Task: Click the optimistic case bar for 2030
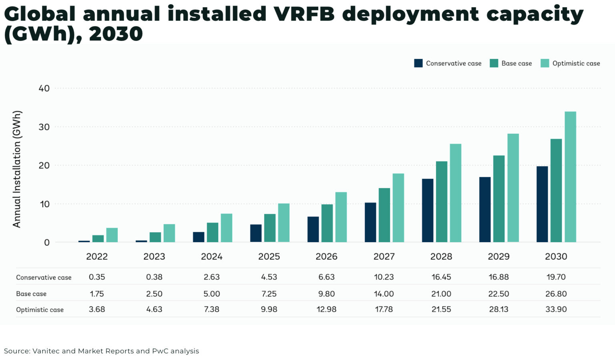[x=570, y=177]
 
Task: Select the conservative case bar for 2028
[x=428, y=210]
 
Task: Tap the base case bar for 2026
[x=327, y=223]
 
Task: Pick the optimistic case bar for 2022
[x=112, y=235]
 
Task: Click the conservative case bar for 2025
[x=256, y=233]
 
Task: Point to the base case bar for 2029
[x=499, y=199]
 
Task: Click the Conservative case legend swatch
[x=418, y=63]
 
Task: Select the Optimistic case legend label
[x=576, y=63]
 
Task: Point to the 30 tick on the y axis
[x=44, y=127]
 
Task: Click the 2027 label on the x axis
[x=384, y=256]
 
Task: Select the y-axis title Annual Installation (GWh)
[x=17, y=169]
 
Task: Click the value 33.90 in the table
[x=556, y=309]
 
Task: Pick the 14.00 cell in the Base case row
[x=384, y=294]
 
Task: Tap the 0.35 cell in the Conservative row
[x=97, y=277]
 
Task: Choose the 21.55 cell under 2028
[x=441, y=309]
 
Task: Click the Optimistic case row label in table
[x=40, y=310]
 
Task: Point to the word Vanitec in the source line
[x=46, y=351]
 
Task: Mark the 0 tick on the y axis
[x=47, y=242]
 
